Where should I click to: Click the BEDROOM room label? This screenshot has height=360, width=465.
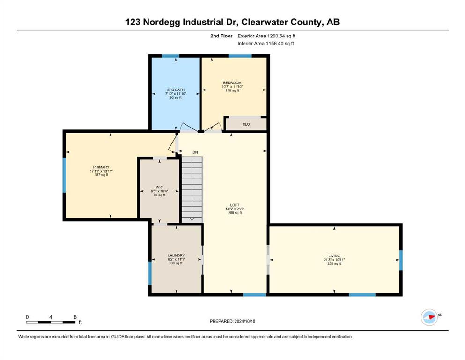click(x=232, y=83)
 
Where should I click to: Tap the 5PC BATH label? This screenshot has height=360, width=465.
click(x=176, y=90)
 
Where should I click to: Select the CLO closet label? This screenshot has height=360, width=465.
click(x=246, y=124)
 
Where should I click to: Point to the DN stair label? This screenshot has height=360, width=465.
click(x=195, y=152)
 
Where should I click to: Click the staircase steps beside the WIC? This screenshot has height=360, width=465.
click(x=192, y=189)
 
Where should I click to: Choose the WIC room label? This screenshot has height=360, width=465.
click(x=159, y=187)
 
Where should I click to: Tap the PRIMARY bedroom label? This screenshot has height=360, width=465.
click(x=101, y=167)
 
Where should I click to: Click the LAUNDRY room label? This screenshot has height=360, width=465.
click(x=177, y=255)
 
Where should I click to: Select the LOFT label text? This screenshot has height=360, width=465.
click(x=235, y=205)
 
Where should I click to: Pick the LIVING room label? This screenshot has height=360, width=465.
click(x=334, y=255)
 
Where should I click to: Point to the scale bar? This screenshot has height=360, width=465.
click(x=51, y=322)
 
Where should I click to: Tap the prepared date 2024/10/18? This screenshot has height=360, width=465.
click(x=244, y=321)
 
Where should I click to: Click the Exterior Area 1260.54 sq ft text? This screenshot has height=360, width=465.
click(x=266, y=36)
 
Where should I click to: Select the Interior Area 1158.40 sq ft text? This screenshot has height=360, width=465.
click(x=266, y=43)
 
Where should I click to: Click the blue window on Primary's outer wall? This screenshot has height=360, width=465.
click(x=64, y=175)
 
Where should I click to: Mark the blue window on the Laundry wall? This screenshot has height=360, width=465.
click(x=150, y=273)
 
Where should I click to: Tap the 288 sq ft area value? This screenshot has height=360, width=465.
click(x=235, y=213)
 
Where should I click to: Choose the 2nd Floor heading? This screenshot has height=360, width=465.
click(x=221, y=36)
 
